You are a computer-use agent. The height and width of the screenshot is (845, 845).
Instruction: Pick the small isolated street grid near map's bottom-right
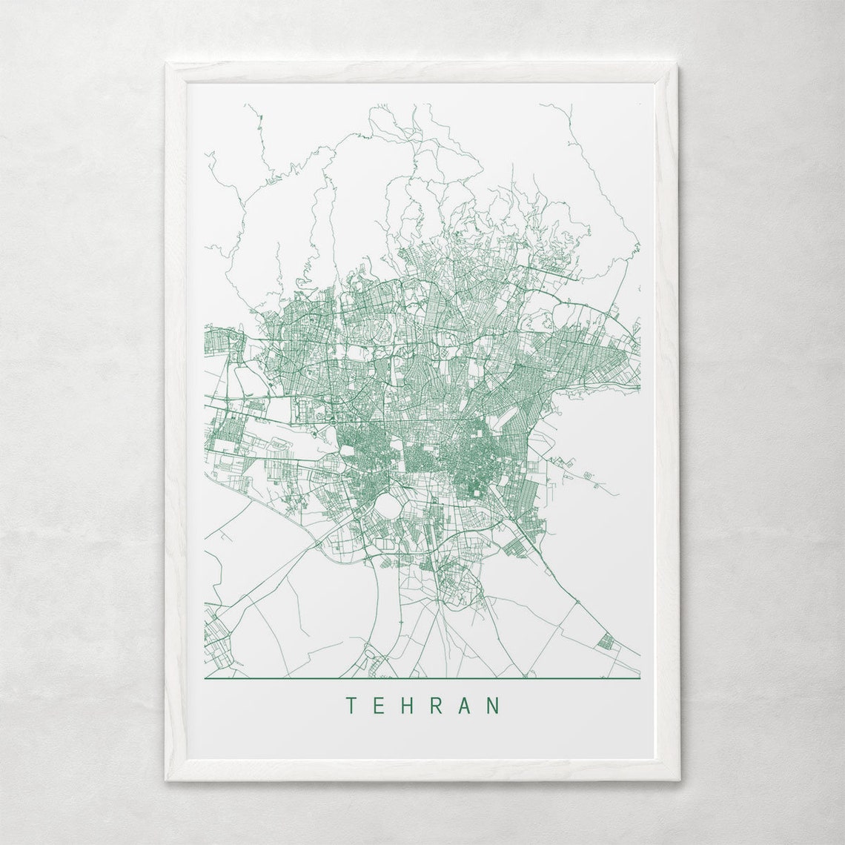pos(606,642)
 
